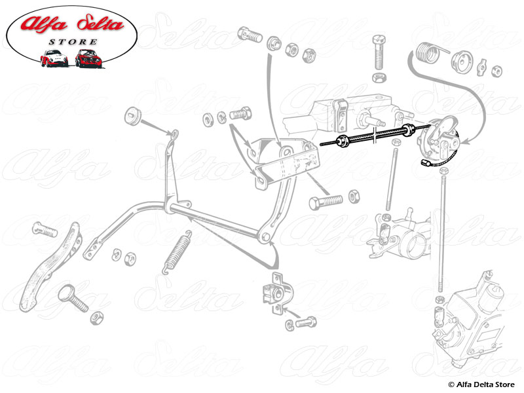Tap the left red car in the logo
[54, 59]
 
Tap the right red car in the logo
[87, 58]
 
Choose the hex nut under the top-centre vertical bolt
[379, 77]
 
